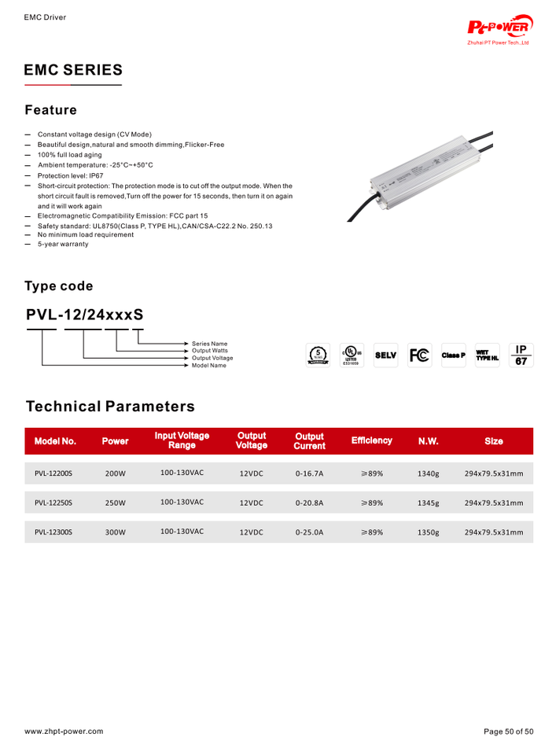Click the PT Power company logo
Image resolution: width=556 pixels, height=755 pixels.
click(x=500, y=28)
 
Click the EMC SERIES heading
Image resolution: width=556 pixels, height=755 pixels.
click(x=73, y=70)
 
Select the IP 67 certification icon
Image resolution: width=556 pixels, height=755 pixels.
click(x=520, y=355)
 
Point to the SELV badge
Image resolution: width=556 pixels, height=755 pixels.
click(x=385, y=355)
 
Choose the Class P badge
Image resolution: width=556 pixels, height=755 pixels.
click(x=453, y=355)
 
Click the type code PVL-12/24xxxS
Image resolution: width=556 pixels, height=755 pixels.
click(x=84, y=315)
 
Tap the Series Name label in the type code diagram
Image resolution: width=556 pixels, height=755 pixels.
click(x=209, y=344)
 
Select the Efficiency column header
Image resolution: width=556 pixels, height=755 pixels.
click(x=371, y=440)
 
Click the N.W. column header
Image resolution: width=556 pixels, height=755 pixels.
click(x=428, y=441)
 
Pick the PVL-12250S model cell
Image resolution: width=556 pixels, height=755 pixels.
click(x=53, y=502)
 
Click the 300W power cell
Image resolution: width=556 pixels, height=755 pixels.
click(x=116, y=532)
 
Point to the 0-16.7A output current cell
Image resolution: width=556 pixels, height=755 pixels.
click(x=309, y=474)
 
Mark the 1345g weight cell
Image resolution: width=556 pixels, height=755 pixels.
click(x=428, y=503)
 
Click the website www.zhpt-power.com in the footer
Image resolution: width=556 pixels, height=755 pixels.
click(x=64, y=731)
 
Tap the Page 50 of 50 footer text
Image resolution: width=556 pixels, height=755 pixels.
click(x=508, y=731)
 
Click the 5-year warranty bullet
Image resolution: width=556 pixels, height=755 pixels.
click(x=63, y=244)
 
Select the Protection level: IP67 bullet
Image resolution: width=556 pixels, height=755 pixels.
click(x=70, y=175)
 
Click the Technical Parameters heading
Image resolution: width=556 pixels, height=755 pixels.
click(x=110, y=407)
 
